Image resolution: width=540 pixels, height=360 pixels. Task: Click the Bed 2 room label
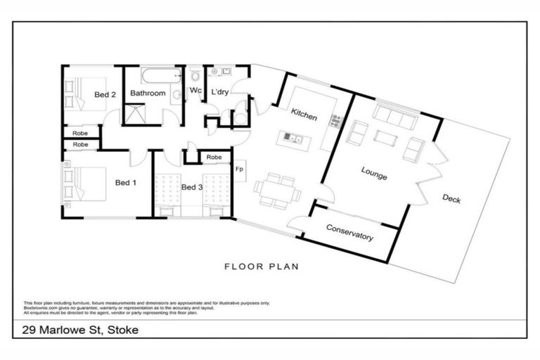pyautogui.click(x=105, y=94)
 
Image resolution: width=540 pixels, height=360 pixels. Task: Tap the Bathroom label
pyautogui.click(x=148, y=93)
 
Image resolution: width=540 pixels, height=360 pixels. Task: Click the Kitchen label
pyautogui.click(x=304, y=112)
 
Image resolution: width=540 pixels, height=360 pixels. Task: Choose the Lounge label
pyautogui.click(x=374, y=173)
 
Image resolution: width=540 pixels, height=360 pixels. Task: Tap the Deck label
pyautogui.click(x=451, y=199)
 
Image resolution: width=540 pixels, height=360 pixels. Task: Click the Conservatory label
pyautogui.click(x=349, y=233)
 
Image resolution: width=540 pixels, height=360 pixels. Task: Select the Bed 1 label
pyautogui.click(x=125, y=183)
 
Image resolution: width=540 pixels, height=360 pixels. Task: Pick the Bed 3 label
pyautogui.click(x=192, y=187)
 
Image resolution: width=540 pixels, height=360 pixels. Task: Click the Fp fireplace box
pyautogui.click(x=240, y=169)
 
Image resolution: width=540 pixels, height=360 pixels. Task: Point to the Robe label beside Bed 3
pyautogui.click(x=214, y=157)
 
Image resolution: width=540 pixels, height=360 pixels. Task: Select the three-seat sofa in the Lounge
pyautogui.click(x=395, y=116)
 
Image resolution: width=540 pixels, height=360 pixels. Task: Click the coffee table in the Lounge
pyautogui.click(x=385, y=138)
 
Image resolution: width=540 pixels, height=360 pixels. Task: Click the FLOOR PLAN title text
pyautogui.click(x=262, y=266)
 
